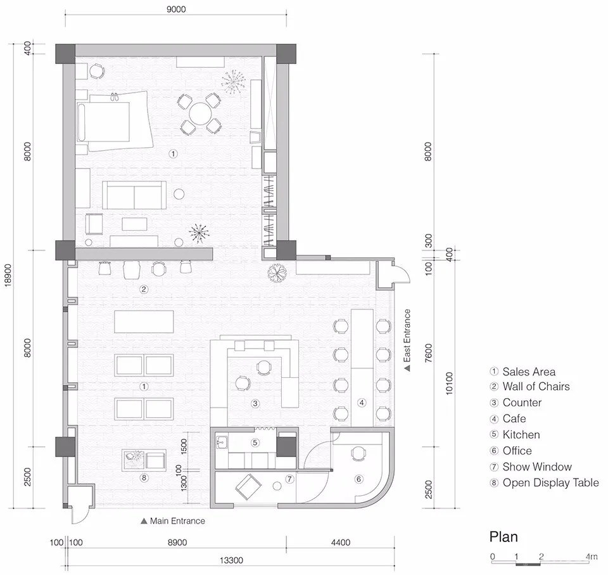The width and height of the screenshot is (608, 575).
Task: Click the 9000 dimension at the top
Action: coord(176,9)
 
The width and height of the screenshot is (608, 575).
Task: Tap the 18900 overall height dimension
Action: coord(8,275)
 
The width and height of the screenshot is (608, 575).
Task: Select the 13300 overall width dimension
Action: coord(232,560)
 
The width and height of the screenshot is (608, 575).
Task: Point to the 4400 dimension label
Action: coord(341,543)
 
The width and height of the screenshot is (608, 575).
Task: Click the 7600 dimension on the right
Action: coord(428,353)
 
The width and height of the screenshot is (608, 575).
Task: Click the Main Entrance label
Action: coord(173,521)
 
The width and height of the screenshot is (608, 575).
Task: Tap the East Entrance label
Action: coord(407,340)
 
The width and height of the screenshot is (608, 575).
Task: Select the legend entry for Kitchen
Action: coord(515,434)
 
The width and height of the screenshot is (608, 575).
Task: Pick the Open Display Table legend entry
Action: coord(545,482)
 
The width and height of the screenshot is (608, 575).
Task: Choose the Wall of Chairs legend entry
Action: coord(529,386)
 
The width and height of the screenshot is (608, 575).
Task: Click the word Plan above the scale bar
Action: coord(503,536)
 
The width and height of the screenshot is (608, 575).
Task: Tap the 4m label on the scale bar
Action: coord(592,557)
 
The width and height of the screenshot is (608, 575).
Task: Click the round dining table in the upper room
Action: coord(199,113)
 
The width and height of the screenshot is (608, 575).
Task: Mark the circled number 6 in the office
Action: coord(358,479)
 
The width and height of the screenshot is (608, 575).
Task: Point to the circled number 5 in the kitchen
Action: coord(255,443)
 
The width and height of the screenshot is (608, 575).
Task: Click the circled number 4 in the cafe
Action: coord(362,403)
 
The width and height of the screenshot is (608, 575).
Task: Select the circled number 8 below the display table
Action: coord(144,477)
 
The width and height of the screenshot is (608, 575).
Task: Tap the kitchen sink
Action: coord(222,442)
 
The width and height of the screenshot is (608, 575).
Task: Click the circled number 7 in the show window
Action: coord(289,479)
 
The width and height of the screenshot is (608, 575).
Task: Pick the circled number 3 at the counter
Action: coord(255,403)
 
